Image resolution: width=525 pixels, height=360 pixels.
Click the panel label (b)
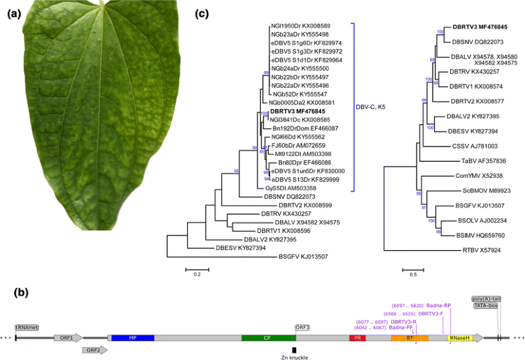pos(15,292)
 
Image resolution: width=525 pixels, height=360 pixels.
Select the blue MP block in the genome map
pos(132,339)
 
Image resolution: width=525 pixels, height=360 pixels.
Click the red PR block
pos(357,339)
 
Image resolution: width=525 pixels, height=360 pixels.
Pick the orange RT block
pos(409,339)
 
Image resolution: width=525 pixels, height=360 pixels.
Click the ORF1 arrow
pos(68,339)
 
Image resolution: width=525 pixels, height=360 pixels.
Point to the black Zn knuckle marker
pos(294,349)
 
